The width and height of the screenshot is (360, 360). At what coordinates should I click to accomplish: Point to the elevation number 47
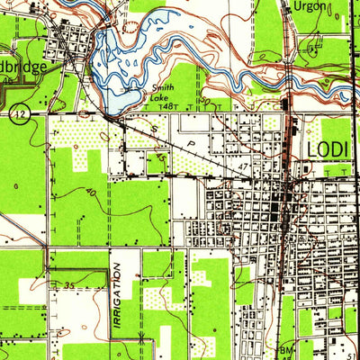(244, 167)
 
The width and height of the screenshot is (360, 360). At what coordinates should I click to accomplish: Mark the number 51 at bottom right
(351, 346)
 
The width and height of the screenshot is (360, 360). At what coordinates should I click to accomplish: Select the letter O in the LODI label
(323, 148)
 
